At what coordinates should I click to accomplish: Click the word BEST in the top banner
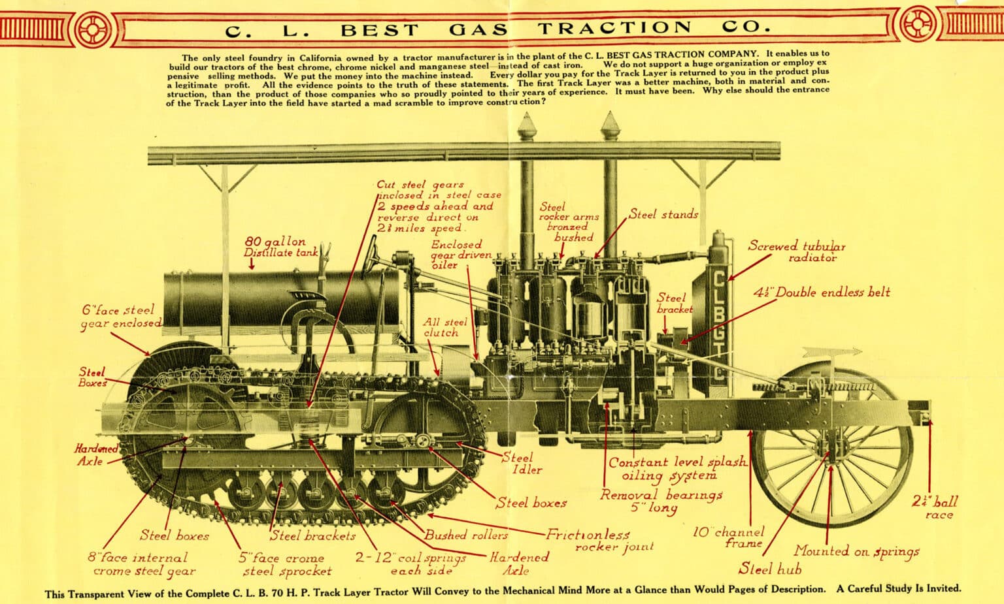[x=380, y=30]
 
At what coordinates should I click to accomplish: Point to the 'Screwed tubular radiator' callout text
[x=797, y=251]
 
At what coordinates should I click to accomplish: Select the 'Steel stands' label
[x=663, y=214]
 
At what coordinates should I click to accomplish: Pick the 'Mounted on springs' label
[x=856, y=551]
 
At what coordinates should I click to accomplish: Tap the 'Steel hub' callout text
[x=770, y=569]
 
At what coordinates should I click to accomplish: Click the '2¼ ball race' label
[x=935, y=507]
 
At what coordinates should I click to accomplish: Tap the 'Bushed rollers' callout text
[x=466, y=535]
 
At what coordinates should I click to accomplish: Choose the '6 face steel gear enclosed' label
[x=120, y=317]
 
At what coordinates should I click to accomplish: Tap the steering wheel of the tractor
[x=373, y=252]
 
